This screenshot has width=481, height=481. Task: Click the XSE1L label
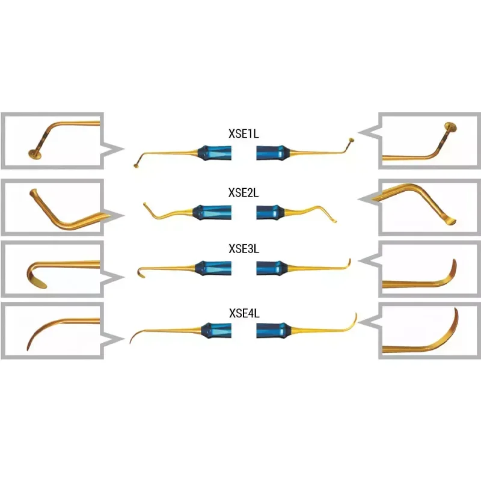(244, 133)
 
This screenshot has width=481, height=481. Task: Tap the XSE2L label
(244, 192)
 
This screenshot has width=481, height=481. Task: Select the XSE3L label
(244, 249)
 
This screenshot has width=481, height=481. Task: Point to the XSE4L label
(244, 313)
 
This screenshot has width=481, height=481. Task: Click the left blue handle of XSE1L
(215, 153)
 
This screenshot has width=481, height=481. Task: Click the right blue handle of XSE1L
(273, 153)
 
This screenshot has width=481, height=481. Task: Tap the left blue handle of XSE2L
(212, 212)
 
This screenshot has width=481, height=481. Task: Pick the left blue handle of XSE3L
(213, 268)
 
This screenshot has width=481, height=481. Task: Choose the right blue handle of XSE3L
(272, 268)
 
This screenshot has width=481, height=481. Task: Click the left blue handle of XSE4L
(216, 330)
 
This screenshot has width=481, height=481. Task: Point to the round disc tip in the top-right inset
(450, 127)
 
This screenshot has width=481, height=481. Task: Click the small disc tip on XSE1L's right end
(351, 141)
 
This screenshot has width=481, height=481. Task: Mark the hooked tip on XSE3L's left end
(141, 274)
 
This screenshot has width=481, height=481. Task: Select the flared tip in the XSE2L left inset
(34, 193)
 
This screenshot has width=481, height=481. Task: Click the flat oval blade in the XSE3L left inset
(39, 284)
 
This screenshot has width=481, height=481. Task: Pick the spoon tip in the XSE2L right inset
(450, 221)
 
